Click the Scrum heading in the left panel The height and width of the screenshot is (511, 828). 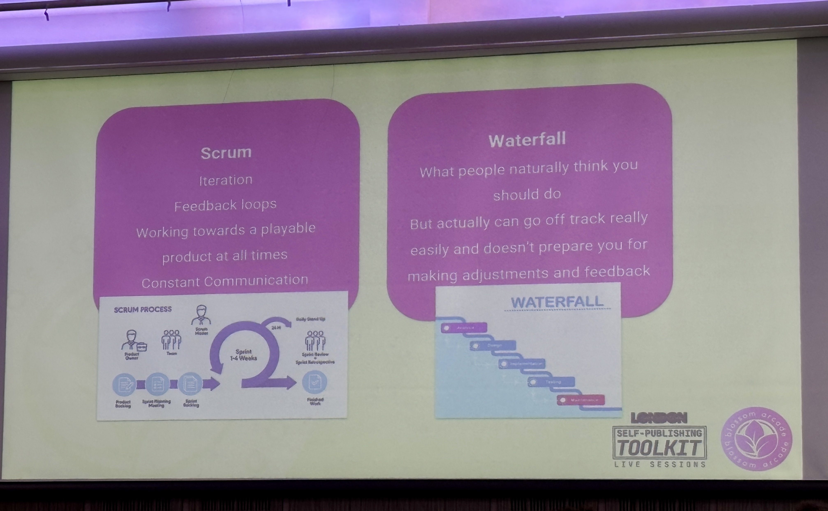pyautogui.click(x=226, y=153)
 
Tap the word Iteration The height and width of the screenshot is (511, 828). pyautogui.click(x=226, y=180)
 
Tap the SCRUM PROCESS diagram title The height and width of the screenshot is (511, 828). pyautogui.click(x=143, y=309)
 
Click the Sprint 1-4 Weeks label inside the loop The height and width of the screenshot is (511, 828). pyautogui.click(x=243, y=355)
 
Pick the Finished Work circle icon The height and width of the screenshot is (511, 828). pyautogui.click(x=315, y=382)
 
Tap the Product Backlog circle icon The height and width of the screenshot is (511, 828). pyautogui.click(x=124, y=385)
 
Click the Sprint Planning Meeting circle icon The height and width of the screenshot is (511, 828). pyautogui.click(x=157, y=384)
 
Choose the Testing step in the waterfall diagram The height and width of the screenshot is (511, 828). pyautogui.click(x=551, y=382)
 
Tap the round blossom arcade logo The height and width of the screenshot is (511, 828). pyautogui.click(x=756, y=439)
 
